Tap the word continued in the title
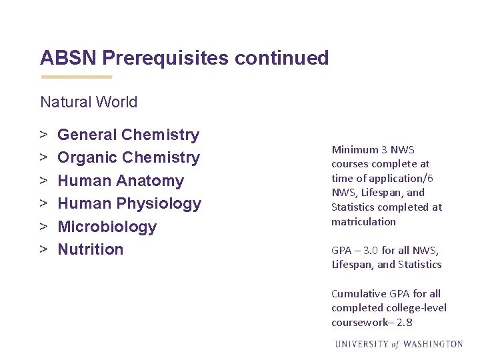click(x=282, y=58)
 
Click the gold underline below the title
click(x=76, y=77)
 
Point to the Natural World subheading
click(x=89, y=102)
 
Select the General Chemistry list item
click(x=128, y=135)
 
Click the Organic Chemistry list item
click(x=129, y=157)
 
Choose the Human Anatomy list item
click(x=121, y=181)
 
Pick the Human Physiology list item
click(x=129, y=203)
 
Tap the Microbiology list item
click(x=107, y=227)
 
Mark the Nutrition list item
click(x=91, y=249)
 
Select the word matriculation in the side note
click(x=363, y=221)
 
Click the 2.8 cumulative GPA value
click(x=405, y=322)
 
